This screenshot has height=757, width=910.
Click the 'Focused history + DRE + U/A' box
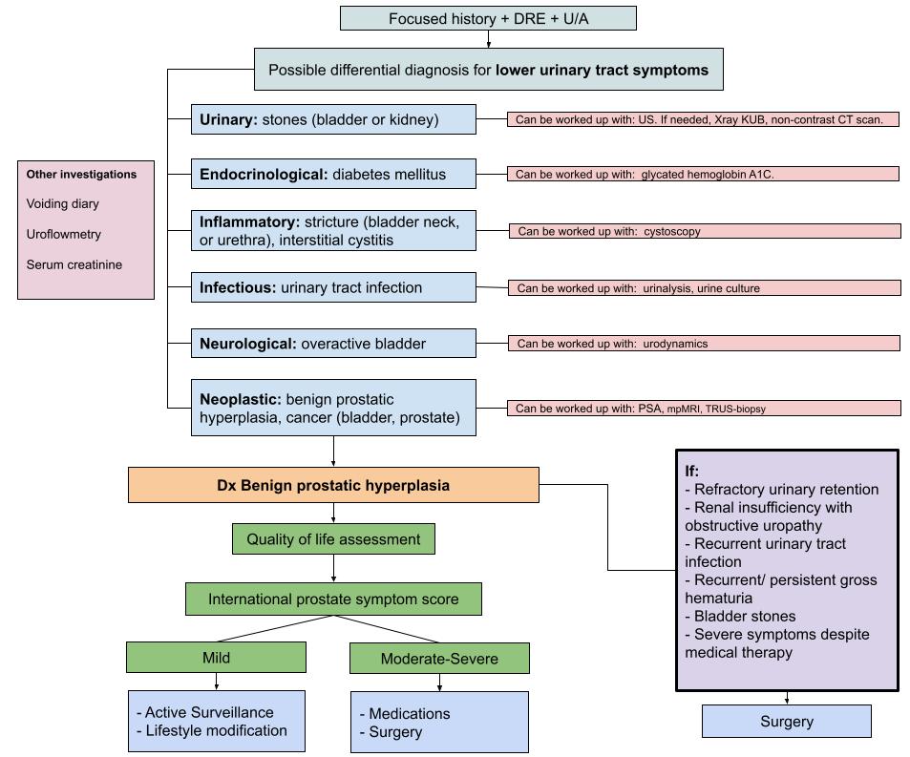(x=488, y=19)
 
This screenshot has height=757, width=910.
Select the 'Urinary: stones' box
(x=333, y=119)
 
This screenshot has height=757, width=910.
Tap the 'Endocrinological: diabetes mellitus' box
(x=333, y=175)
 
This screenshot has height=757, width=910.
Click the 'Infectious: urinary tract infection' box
(x=333, y=287)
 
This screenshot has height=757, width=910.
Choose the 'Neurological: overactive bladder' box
(x=333, y=344)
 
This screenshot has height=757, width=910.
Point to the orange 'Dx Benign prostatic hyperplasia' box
(x=333, y=485)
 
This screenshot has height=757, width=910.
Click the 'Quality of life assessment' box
(x=333, y=539)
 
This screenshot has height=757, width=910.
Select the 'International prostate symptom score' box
(x=333, y=599)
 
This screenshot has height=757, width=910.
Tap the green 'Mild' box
(x=216, y=658)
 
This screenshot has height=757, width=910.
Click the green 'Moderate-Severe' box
(x=439, y=659)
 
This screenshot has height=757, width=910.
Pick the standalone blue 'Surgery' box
(x=786, y=722)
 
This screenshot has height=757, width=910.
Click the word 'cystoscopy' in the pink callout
(x=676, y=231)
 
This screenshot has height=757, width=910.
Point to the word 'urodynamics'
(x=675, y=344)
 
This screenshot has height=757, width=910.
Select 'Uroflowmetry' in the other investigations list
(x=64, y=235)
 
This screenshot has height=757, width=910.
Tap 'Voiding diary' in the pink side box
(x=63, y=204)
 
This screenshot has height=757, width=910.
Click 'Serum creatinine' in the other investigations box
(x=74, y=265)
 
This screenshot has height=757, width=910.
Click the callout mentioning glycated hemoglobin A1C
(x=703, y=175)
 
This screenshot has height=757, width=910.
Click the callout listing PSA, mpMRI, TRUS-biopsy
(x=703, y=409)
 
